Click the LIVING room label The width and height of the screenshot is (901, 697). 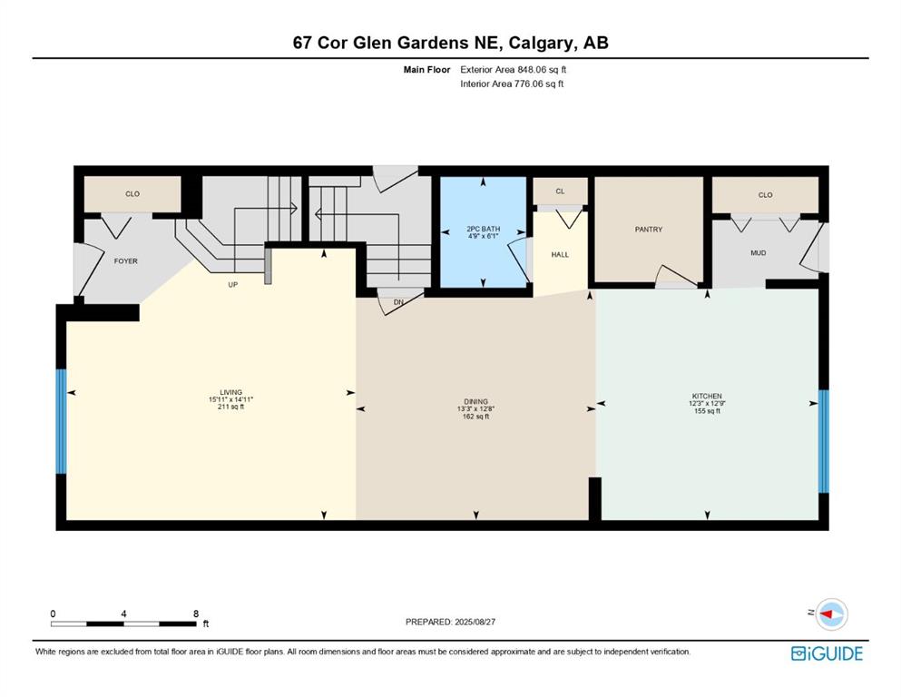(x=224, y=392)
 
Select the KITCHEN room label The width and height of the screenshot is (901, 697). (x=706, y=396)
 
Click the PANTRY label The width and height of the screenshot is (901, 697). (x=648, y=230)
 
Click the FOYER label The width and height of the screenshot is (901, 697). (x=125, y=261)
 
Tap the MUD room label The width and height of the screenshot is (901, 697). (x=758, y=253)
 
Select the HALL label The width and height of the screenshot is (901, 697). (x=560, y=254)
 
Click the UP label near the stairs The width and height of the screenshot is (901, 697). (x=232, y=284)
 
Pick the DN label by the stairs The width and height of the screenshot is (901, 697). (x=397, y=302)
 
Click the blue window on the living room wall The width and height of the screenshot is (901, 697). (x=61, y=421)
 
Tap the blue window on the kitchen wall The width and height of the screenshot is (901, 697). (x=824, y=440)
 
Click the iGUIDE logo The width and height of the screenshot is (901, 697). (x=826, y=653)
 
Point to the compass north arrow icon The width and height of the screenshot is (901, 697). (x=829, y=614)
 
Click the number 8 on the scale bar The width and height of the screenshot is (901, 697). (x=196, y=614)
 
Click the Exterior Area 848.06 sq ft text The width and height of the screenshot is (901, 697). (x=516, y=69)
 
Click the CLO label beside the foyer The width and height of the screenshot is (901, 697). (x=132, y=193)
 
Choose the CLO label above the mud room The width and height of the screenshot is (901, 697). (x=765, y=195)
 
